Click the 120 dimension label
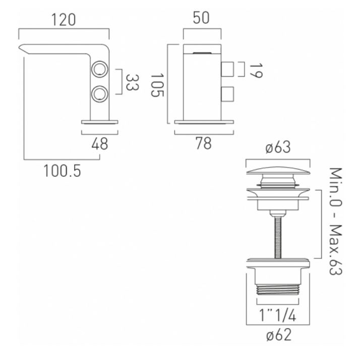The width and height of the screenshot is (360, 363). [64, 20]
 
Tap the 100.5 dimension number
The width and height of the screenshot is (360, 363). [62, 171]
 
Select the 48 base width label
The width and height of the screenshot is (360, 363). [100, 144]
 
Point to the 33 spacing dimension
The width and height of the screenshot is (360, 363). [132, 82]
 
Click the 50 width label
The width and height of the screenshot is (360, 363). [201, 18]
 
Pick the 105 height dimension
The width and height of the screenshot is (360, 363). [157, 85]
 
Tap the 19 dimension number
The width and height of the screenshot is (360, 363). [256, 71]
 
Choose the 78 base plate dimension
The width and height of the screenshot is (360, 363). [204, 143]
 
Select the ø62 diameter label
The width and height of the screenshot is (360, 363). [279, 335]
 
